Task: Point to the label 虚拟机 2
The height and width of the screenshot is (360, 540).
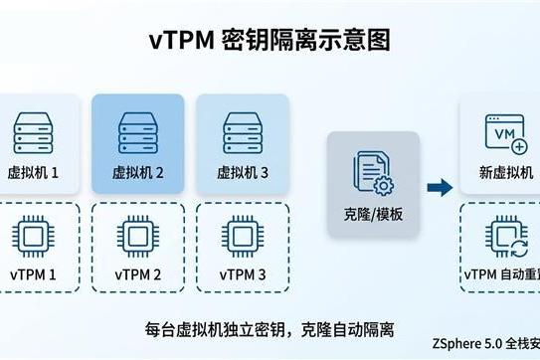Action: [x=137, y=172]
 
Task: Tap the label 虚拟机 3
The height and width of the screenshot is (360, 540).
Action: [x=242, y=172]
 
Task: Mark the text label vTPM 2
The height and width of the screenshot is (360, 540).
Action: [x=137, y=274]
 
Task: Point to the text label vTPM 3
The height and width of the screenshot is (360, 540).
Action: [x=242, y=274]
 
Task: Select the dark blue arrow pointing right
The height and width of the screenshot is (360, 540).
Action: [x=440, y=186]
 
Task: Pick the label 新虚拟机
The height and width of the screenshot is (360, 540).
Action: [x=506, y=172]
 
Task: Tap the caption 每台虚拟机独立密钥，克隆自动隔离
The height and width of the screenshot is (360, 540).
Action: [x=270, y=328]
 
